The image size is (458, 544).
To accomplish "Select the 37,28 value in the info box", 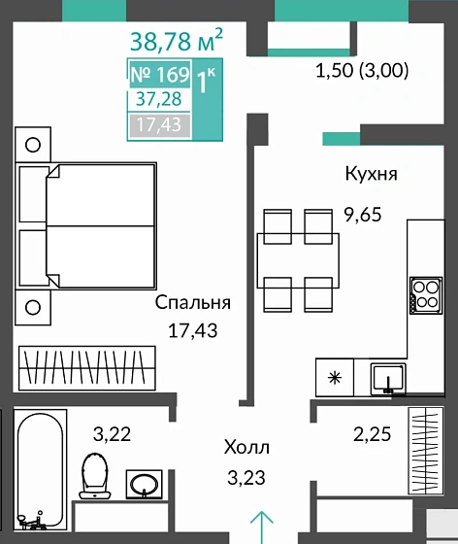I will coord(159,100).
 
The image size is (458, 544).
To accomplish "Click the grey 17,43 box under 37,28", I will coord(159,124).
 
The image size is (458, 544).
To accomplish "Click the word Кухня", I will coord(371,174).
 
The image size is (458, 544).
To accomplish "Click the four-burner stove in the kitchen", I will coord(424,293).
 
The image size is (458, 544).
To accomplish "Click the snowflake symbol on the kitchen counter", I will coord(335,377).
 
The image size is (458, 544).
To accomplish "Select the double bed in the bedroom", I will coord(87,225).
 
